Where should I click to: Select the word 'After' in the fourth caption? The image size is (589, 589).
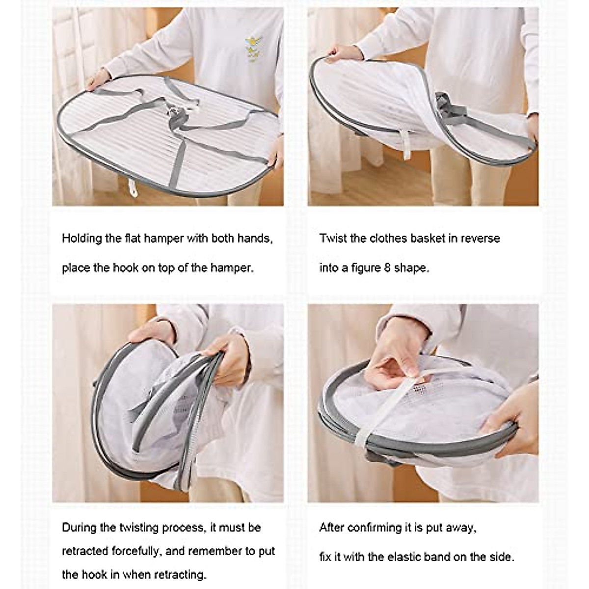tap(332, 528)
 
